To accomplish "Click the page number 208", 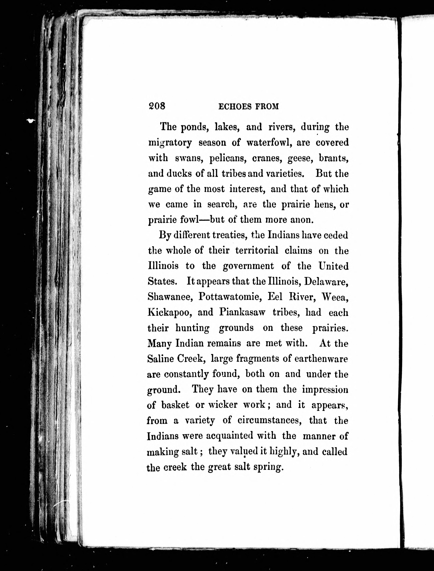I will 157,106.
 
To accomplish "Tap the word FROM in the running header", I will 267,107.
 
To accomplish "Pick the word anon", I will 302,220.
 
